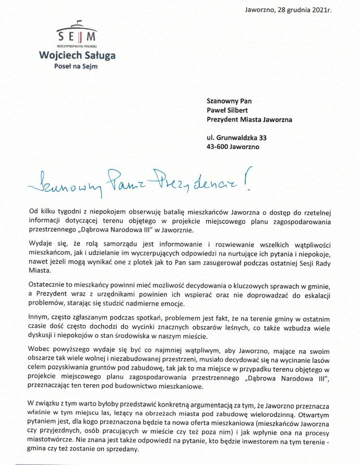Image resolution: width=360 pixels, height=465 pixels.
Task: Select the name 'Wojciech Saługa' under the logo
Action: click(x=77, y=55)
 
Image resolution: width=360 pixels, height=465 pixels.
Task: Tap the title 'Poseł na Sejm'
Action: click(x=77, y=66)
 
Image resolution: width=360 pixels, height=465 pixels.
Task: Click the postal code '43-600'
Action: click(x=218, y=147)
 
